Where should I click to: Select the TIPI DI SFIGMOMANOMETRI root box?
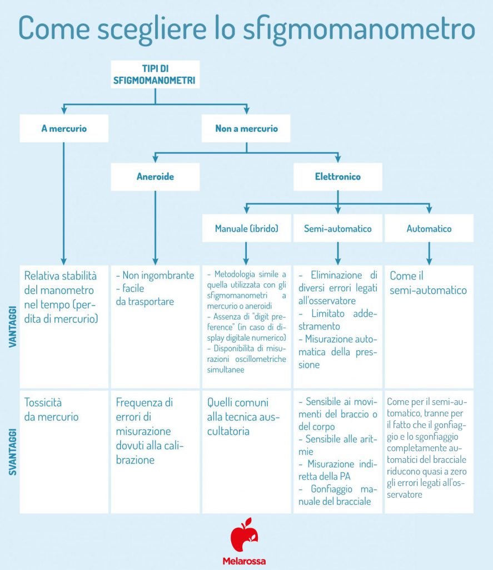click(155, 75)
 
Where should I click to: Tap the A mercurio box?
click(64, 129)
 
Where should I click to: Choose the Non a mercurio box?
click(246, 129)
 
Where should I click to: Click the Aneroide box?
click(155, 177)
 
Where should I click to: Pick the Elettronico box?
click(337, 177)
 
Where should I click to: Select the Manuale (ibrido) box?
click(246, 229)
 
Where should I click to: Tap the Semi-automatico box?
click(337, 229)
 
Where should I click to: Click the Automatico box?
click(429, 229)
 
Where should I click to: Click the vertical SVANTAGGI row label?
click(12, 451)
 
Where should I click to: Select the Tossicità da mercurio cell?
click(52, 409)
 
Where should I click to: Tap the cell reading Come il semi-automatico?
click(428, 283)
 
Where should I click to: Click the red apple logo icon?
click(245, 535)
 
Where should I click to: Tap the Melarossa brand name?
click(245, 561)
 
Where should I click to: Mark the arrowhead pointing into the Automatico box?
click(429, 210)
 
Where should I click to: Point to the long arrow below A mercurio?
click(64, 200)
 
